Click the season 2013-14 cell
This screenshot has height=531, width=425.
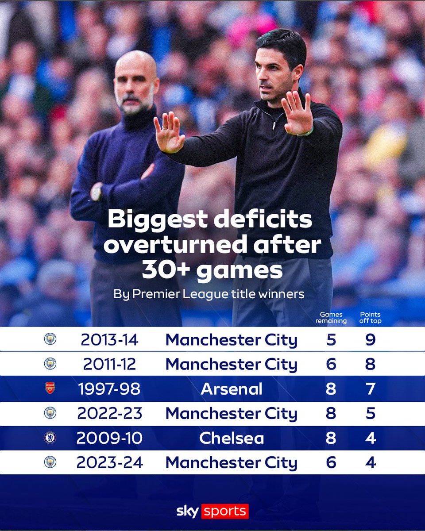(x=109, y=340)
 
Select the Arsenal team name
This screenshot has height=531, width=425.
(x=231, y=389)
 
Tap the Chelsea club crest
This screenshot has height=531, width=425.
(x=50, y=438)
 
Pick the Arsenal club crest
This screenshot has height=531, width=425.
(x=50, y=389)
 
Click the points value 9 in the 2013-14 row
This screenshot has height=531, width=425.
(x=371, y=340)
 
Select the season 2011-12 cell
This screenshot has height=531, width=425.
(x=109, y=364)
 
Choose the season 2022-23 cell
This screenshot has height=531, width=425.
(x=109, y=413)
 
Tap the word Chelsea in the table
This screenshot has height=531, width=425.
(x=231, y=438)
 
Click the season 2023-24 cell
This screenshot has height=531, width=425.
(x=109, y=462)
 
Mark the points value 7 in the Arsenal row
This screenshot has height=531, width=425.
(x=371, y=389)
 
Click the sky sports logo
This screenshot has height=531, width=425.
(x=212, y=512)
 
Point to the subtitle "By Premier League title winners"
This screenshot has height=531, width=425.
(x=209, y=294)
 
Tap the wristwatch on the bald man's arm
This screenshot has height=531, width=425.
(x=96, y=192)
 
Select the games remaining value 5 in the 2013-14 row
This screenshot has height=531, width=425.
(x=331, y=340)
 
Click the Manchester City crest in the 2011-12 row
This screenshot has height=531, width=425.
(x=50, y=364)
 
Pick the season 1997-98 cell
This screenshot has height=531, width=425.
(x=109, y=389)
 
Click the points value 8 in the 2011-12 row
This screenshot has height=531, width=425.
(x=371, y=364)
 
